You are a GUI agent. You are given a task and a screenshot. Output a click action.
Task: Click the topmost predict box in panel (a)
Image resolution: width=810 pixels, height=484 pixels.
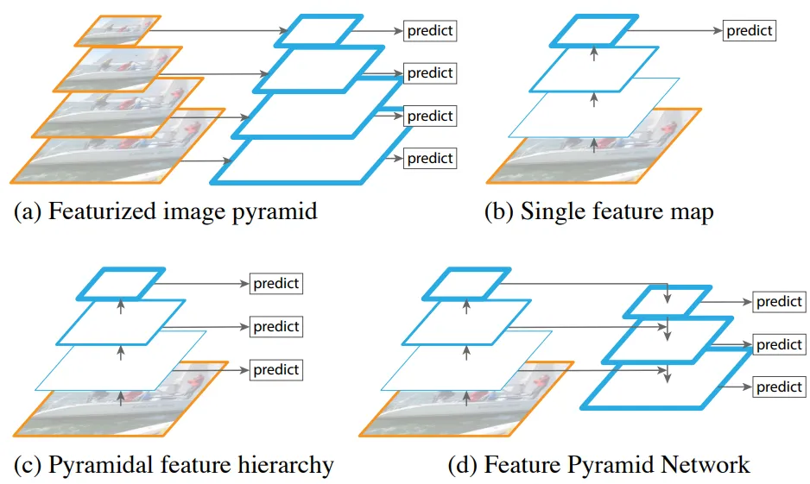[x=430, y=31]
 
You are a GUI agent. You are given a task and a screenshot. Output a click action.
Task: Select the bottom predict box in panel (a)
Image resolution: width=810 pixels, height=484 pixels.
[x=430, y=159]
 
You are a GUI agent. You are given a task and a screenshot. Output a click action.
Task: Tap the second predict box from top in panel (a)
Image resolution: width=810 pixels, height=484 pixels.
[x=430, y=73]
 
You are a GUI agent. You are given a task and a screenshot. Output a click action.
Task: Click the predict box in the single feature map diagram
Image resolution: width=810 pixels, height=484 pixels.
[x=749, y=31]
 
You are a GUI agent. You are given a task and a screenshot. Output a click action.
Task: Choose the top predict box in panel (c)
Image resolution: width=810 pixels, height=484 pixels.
[x=275, y=284]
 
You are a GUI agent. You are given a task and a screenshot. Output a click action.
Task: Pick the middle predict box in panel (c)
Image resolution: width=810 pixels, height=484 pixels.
[x=275, y=327]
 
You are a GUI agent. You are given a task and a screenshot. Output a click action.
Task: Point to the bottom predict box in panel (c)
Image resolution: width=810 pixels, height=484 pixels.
[x=275, y=370]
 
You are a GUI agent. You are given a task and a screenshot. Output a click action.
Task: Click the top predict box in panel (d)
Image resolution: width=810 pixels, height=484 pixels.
[x=779, y=302]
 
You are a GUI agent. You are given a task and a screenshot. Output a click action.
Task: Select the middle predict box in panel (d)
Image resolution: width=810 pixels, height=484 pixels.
[x=779, y=345]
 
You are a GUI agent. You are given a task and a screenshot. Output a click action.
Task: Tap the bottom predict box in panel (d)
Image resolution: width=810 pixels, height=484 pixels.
[x=779, y=387]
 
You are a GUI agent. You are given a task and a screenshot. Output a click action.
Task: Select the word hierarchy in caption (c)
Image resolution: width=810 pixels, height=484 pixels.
[x=286, y=465]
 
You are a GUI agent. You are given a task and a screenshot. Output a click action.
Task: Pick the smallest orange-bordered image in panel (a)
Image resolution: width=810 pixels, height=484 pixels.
[x=117, y=31]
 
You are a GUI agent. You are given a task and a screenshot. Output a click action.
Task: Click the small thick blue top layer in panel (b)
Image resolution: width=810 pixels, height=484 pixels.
[x=594, y=31]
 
